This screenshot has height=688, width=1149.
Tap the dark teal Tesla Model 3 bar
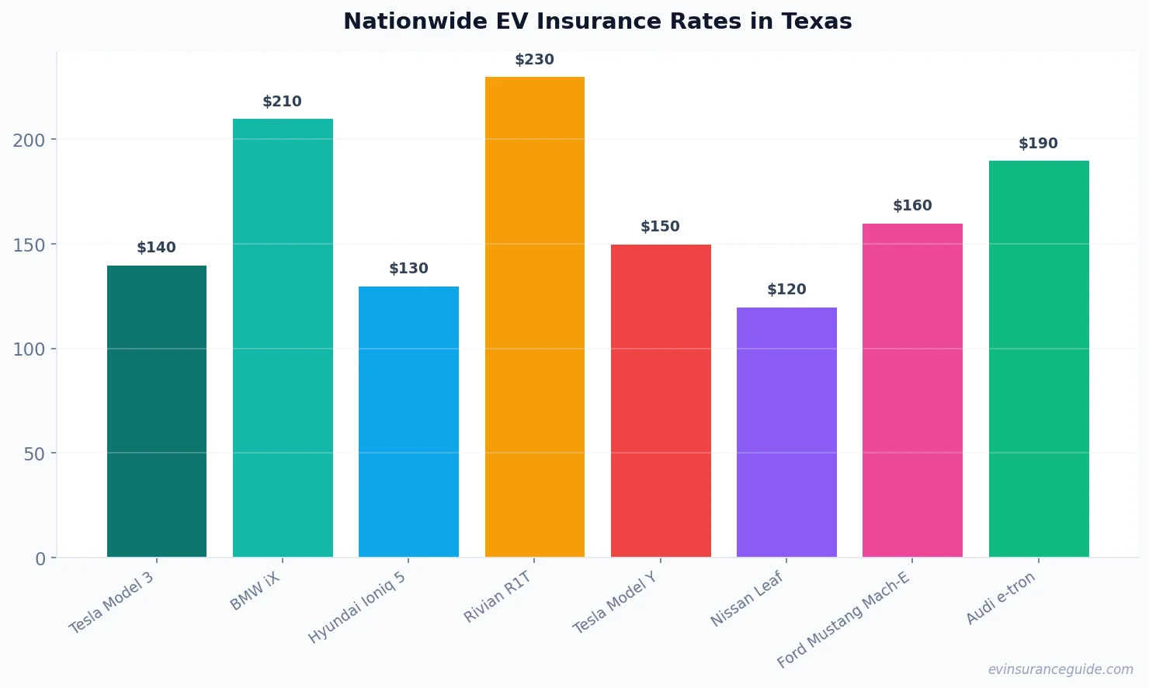(157, 412)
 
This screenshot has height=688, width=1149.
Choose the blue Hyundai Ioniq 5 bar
(408, 422)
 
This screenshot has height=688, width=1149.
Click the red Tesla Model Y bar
(661, 401)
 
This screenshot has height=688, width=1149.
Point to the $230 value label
(534, 60)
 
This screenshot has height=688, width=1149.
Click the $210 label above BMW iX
(282, 102)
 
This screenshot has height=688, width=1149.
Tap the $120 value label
(786, 290)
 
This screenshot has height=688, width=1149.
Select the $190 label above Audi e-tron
(1038, 144)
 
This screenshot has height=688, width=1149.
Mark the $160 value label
(912, 206)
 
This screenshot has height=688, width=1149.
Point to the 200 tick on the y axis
(29, 141)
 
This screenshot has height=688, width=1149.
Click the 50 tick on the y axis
(34, 454)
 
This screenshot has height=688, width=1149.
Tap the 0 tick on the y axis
(40, 559)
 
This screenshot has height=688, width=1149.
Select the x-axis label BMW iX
(255, 591)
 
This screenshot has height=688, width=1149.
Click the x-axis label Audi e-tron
(1000, 598)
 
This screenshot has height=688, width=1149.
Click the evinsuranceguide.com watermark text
(1060, 669)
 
